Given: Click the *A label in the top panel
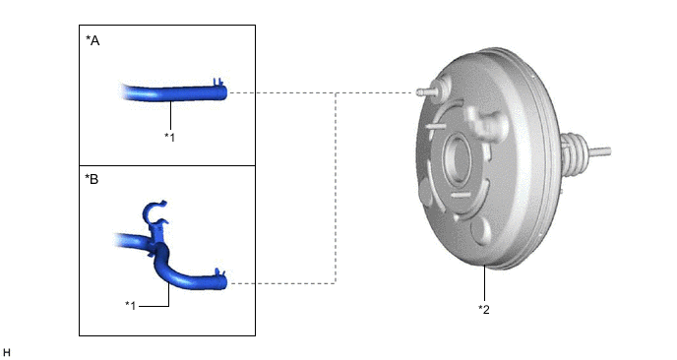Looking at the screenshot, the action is click(x=92, y=40).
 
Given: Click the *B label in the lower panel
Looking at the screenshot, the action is click(x=92, y=179).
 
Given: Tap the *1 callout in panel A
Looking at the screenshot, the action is click(x=169, y=138).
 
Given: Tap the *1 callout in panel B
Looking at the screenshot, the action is click(x=131, y=306).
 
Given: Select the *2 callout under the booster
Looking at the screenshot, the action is click(x=484, y=309).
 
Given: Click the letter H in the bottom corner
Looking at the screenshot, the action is click(x=7, y=353).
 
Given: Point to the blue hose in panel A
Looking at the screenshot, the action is click(x=173, y=92).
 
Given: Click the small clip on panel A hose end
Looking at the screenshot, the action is click(x=218, y=82).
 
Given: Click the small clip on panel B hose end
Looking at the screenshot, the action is click(x=219, y=271).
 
